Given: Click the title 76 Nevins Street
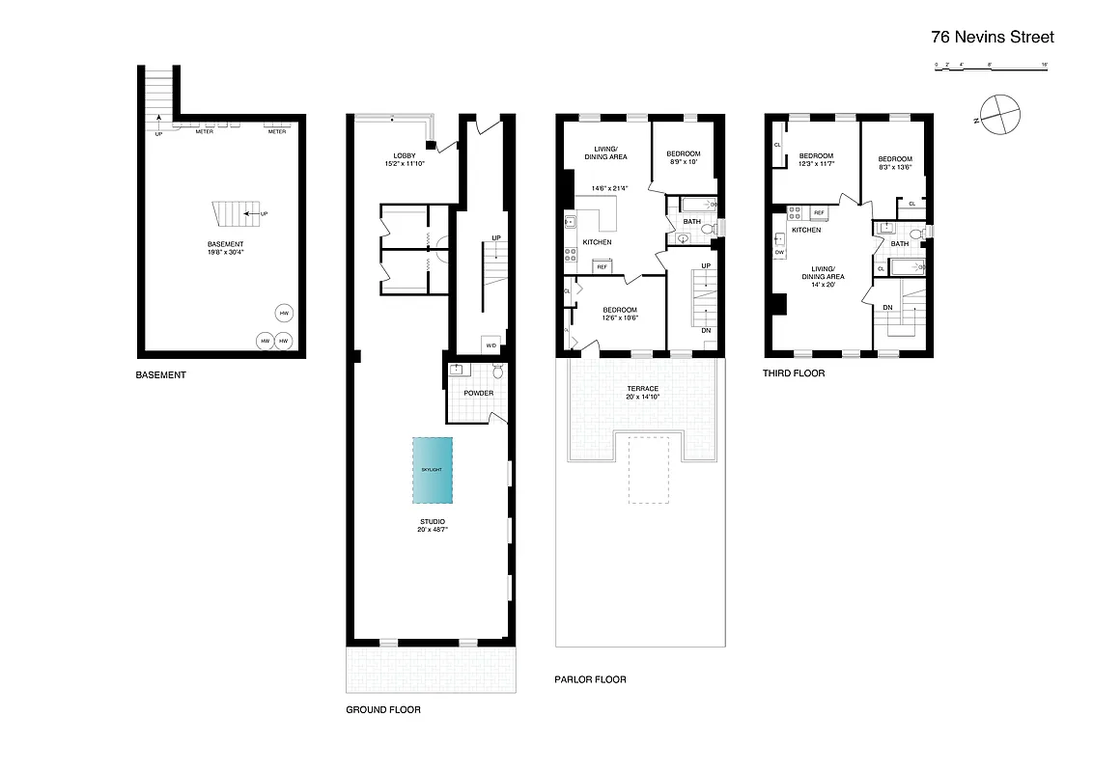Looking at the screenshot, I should click(x=992, y=38).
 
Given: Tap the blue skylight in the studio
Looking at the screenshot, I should click(x=432, y=470).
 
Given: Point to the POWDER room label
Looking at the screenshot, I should click(x=478, y=394).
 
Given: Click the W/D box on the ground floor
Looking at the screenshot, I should click(x=490, y=345).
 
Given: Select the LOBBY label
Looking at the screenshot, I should click(x=405, y=156).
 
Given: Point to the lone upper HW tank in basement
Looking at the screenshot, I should click(x=283, y=314).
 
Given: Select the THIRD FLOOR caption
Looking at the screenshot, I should click(x=794, y=373).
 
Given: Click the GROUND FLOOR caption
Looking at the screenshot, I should click(x=383, y=709).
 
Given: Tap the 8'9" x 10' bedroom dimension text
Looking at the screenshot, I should click(x=683, y=162).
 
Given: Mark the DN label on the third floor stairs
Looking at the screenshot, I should click(x=886, y=308).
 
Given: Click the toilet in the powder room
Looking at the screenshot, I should click(x=498, y=372).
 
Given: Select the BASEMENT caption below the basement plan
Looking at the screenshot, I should click(x=160, y=374).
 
